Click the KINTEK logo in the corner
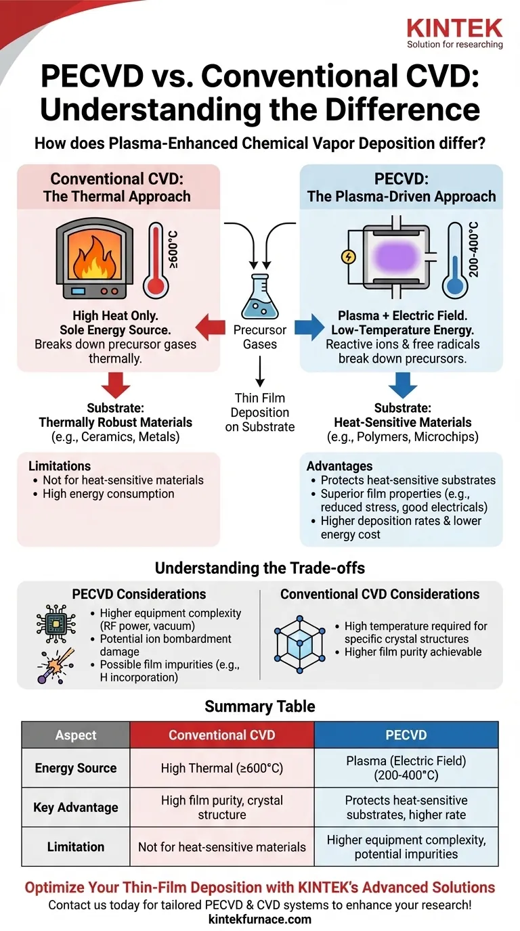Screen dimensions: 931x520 [x=454, y=32]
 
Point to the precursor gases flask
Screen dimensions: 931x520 [x=260, y=296]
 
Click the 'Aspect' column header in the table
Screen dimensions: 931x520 [x=76, y=735]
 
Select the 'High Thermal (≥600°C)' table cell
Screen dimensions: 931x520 [x=221, y=768]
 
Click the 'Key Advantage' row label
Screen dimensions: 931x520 [x=76, y=807]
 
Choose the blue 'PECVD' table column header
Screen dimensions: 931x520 [x=406, y=735]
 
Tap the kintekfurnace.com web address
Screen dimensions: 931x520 [x=260, y=918]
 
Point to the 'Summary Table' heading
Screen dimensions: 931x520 [x=260, y=706]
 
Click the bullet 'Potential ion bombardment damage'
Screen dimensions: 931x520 [x=160, y=645]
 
